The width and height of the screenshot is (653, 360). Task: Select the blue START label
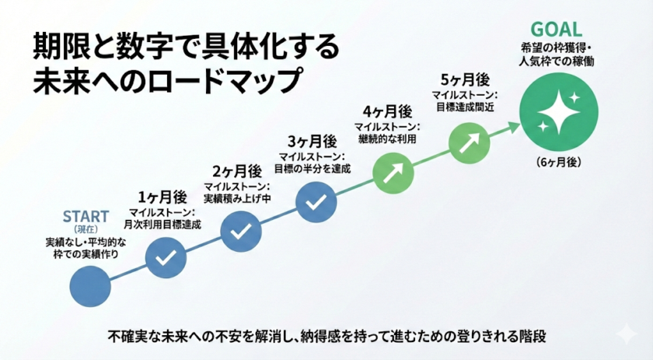[x=86, y=215]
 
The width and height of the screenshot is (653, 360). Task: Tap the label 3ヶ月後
[x=312, y=141]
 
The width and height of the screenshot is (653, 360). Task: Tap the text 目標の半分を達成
[x=313, y=168]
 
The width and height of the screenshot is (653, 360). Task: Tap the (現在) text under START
[x=86, y=229]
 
